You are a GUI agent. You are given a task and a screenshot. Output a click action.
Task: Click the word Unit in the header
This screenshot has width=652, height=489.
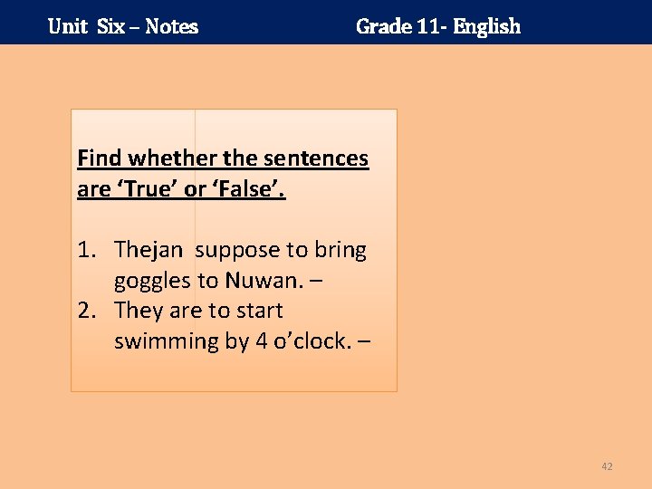(x=67, y=26)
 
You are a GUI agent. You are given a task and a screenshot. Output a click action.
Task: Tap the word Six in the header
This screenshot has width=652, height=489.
(x=110, y=26)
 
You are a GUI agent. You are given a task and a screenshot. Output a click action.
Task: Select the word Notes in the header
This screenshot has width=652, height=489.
(x=171, y=26)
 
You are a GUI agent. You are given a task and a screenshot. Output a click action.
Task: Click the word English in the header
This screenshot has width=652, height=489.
(x=487, y=26)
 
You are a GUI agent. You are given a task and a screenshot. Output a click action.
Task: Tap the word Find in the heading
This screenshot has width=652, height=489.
(x=100, y=158)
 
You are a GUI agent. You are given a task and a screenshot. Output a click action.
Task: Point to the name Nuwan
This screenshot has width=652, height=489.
(x=257, y=281)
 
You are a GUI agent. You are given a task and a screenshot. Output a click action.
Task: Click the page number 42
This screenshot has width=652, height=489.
(x=607, y=466)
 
